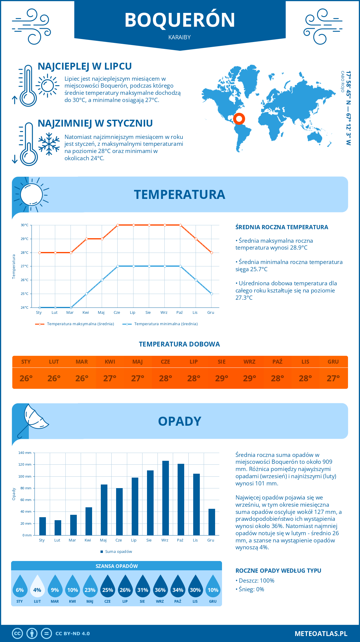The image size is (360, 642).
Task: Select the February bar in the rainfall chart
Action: pos(58,528)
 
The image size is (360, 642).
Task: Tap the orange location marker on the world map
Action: pos(239,119)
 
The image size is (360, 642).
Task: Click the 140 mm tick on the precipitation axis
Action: pos(25,453)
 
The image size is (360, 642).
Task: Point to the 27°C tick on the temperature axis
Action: pos(25,266)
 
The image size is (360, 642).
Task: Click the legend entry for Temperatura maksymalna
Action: pos(75,324)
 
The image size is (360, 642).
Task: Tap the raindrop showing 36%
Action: pos(160,588)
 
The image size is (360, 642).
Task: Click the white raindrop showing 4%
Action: pos(37,588)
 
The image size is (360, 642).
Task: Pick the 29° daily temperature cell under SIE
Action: pos(222,378)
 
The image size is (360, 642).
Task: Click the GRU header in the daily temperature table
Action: pos(333,362)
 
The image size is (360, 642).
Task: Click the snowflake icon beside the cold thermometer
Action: pos(49,144)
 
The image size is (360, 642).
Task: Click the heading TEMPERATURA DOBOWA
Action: pos(179,344)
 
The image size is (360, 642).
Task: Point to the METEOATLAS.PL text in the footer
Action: pos(321,634)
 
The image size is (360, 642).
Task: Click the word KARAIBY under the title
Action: pos(180,37)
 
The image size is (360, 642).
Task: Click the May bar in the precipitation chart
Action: pos(104,510)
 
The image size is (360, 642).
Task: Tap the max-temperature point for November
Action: pos(196,239)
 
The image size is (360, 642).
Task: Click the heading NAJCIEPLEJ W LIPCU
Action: pos(85,66)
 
